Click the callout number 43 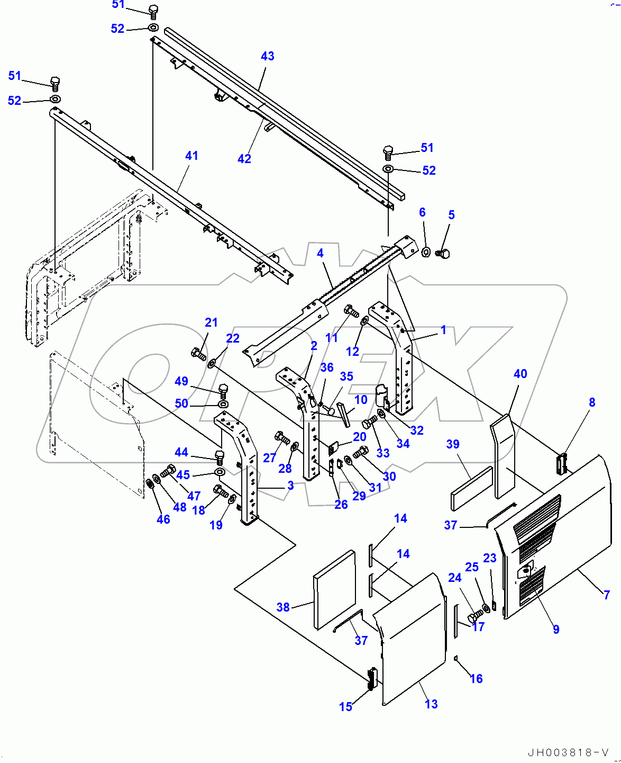(267, 56)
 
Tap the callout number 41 (191, 156)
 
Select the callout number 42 (244, 159)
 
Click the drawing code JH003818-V (568, 752)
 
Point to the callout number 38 (283, 607)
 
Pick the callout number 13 (431, 704)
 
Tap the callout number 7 (607, 595)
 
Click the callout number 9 (556, 630)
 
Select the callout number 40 (520, 374)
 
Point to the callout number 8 (592, 402)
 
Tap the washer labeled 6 (426, 252)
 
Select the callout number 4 (320, 253)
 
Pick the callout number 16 (476, 679)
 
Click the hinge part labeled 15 (372, 678)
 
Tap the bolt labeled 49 (223, 391)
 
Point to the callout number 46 (163, 519)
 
